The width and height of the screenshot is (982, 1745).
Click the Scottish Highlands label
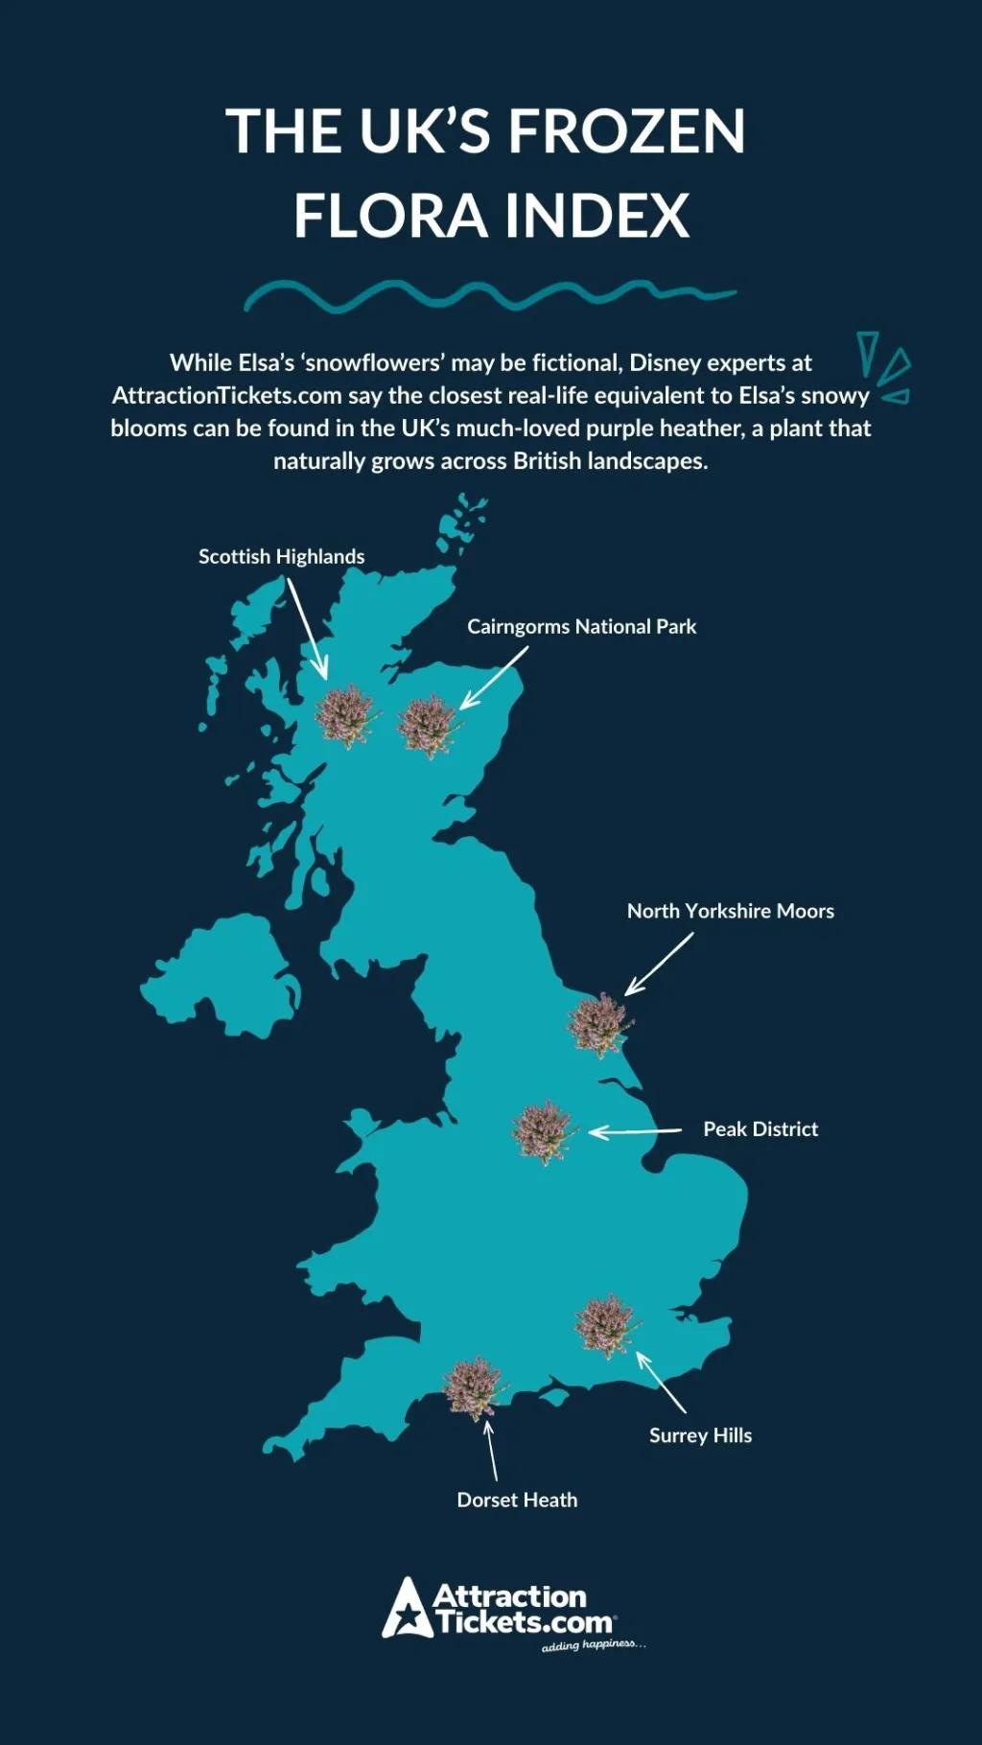[x=281, y=557]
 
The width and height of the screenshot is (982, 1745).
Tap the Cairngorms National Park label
[x=581, y=627]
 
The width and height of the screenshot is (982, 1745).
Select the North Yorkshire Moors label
[x=730, y=912]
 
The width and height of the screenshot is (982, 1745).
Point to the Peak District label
[x=760, y=1129]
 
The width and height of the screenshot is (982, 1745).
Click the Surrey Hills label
[x=700, y=1435]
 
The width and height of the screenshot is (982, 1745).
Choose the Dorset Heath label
[x=517, y=1501]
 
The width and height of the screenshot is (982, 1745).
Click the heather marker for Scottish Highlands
[x=345, y=715]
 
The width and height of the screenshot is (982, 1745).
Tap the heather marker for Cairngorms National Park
[x=428, y=726]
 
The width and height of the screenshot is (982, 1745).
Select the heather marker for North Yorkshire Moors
[x=599, y=1024]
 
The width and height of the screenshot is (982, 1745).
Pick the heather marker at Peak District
[x=543, y=1132]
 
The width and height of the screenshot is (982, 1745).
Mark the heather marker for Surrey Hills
[x=607, y=1326]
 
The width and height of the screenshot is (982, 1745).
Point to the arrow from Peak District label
[x=635, y=1132]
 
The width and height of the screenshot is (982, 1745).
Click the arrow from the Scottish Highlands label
[x=307, y=628]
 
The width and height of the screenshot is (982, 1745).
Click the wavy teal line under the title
[x=489, y=295]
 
